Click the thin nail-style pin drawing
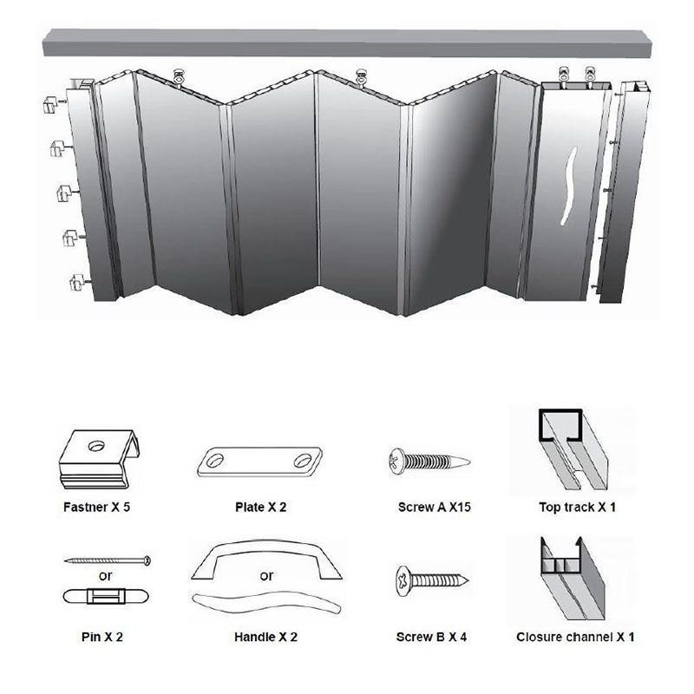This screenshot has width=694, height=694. (x=108, y=560)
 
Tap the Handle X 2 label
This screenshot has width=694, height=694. (x=265, y=637)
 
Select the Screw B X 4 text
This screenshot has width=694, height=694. (x=432, y=637)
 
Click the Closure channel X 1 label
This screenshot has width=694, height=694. (x=575, y=637)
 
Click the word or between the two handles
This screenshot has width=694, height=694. (x=266, y=576)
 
